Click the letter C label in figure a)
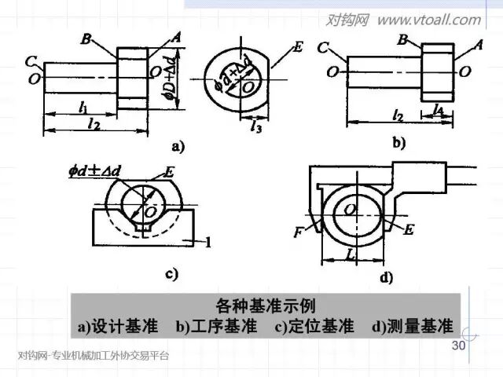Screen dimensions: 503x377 (29, 60)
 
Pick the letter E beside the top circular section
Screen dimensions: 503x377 (297, 48)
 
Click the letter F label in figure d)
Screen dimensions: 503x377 (299, 233)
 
